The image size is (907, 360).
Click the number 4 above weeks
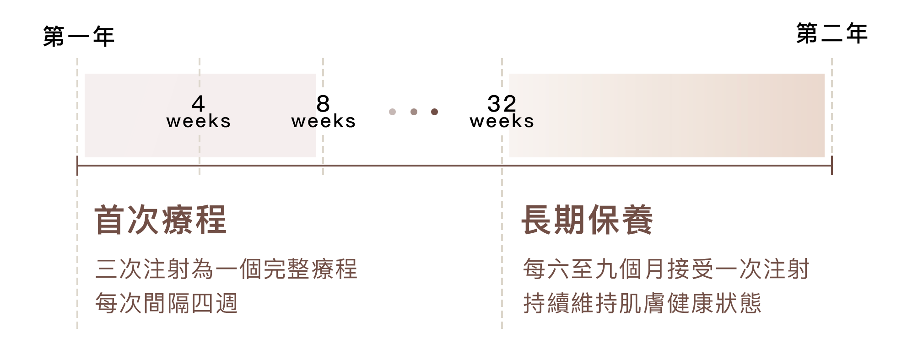click(198, 103)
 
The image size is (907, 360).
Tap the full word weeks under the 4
click(199, 122)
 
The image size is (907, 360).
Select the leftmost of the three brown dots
click(392, 112)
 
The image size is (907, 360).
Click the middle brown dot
click(414, 112)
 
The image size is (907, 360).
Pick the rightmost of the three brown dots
click(434, 112)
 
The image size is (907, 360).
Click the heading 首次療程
click(160, 220)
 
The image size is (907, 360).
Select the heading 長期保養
click(587, 220)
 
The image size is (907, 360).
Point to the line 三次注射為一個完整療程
click(226, 269)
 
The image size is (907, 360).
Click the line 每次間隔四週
click(167, 303)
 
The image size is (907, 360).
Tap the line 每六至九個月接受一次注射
click(666, 269)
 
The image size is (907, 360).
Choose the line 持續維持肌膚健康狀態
click(642, 303)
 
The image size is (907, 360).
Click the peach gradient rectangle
click(667, 115)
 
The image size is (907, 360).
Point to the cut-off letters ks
click(523, 122)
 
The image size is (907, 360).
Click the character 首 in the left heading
click(110, 220)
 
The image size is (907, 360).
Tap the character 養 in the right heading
click(637, 220)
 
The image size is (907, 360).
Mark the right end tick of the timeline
click(831, 166)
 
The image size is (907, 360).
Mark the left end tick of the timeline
click(77, 166)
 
